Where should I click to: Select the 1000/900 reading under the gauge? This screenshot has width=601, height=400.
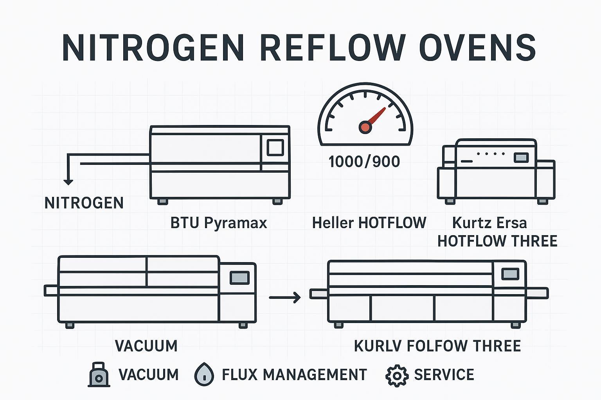364,161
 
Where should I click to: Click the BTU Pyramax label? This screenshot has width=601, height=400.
219,223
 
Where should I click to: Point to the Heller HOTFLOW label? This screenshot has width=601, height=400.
369,223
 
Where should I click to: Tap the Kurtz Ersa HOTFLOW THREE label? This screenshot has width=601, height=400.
497,232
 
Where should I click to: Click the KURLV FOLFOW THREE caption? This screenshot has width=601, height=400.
437,346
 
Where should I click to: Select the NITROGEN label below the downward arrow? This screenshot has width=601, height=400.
84,203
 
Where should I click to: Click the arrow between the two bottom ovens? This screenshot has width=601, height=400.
285,298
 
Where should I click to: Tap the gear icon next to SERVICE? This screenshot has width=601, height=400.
397,375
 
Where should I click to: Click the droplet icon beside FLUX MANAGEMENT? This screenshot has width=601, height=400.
204,375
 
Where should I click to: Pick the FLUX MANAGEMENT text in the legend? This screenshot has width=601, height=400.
294,375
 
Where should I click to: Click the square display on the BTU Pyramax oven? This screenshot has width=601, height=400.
275,147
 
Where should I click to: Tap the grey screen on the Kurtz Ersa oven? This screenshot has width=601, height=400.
521,157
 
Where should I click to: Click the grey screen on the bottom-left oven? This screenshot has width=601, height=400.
239,277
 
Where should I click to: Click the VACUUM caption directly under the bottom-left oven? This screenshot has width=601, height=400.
146,346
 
